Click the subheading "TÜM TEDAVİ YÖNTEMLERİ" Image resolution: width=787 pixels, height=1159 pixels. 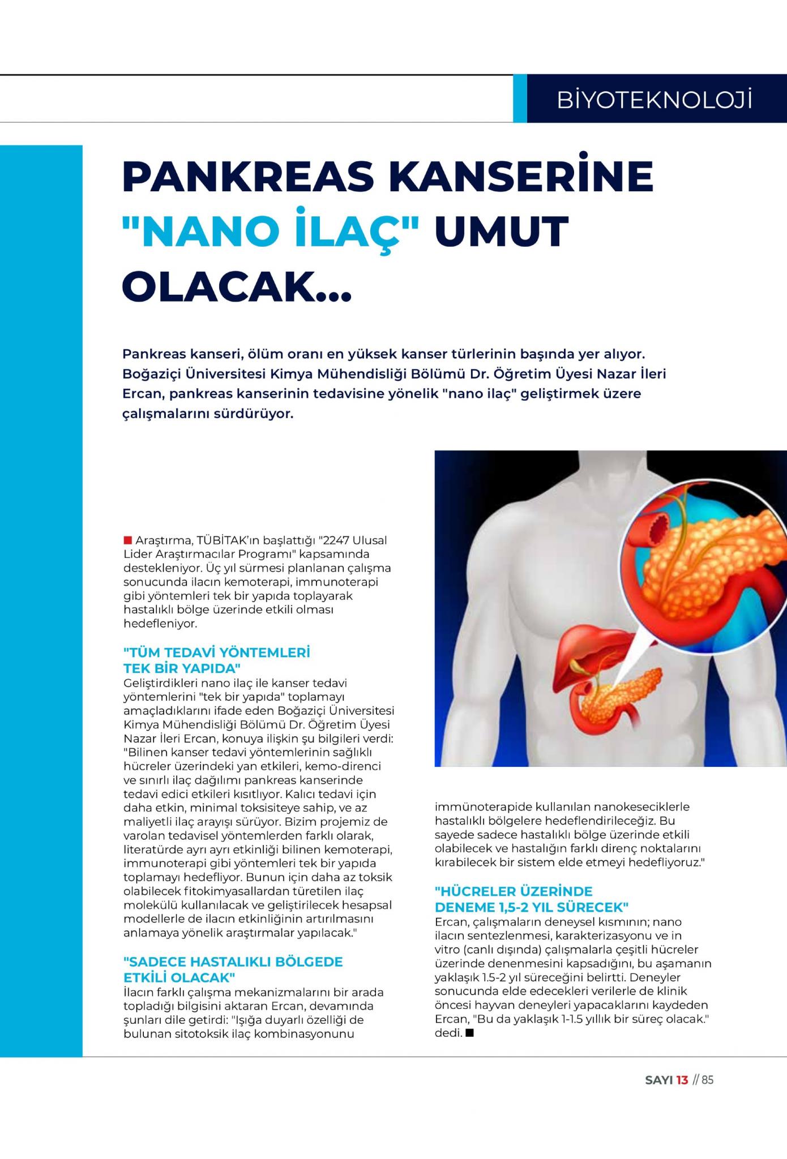[217, 653]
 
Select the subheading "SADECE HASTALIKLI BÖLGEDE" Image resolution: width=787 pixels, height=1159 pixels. [233, 961]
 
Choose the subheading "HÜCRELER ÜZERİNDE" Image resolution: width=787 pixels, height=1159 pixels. [514, 891]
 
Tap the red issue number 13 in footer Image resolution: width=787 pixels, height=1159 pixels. [682, 1080]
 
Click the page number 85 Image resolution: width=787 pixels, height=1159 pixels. [708, 1080]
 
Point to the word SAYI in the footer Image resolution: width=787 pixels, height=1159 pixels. [659, 1080]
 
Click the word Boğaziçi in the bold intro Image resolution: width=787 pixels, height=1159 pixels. [149, 374]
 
